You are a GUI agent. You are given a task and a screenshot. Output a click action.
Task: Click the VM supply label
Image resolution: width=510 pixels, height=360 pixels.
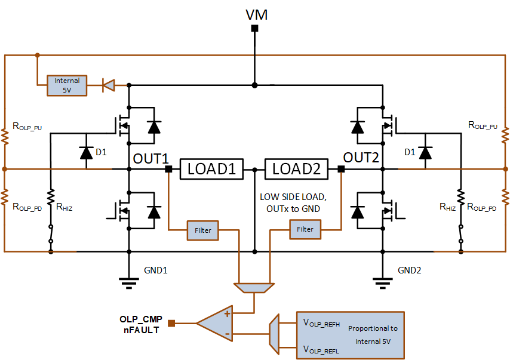coord(256,15)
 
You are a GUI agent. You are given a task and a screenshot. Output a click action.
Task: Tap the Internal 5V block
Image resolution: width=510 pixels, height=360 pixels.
coord(67,85)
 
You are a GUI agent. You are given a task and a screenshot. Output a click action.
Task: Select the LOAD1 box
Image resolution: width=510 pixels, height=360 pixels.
coord(211,169)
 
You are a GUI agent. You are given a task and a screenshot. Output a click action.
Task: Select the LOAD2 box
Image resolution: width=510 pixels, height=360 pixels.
coord(296,169)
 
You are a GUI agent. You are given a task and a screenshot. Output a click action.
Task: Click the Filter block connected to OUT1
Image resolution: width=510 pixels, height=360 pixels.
coord(202,230)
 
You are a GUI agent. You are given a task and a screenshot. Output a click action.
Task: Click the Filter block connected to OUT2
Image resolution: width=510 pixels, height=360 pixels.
coord(305,229)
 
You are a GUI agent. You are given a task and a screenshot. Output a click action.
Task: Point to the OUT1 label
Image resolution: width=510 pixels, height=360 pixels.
coord(150,159)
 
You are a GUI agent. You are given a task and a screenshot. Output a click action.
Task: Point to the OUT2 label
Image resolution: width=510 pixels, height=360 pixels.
coord(361,158)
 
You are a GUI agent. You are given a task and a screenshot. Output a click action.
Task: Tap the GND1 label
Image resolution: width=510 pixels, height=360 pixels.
coord(155,270)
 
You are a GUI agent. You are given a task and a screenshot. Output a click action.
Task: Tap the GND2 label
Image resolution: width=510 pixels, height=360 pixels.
coord(409,270)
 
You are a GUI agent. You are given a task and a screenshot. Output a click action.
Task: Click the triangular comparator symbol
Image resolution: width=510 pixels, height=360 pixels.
coord(214,323)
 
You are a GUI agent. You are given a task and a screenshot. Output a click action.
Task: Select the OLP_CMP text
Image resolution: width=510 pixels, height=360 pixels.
coord(141,319)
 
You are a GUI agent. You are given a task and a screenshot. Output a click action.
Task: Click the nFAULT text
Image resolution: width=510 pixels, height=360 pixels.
coord(141,330)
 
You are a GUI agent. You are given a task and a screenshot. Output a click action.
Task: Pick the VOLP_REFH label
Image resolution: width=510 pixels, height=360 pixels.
coord(321,323)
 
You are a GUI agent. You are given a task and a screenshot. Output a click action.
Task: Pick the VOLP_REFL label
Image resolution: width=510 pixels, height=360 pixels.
coord(321,350)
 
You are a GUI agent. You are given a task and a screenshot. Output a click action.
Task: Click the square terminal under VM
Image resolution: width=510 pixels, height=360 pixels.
coord(254,29)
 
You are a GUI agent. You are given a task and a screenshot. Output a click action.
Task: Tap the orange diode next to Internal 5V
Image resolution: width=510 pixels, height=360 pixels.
coord(108,85)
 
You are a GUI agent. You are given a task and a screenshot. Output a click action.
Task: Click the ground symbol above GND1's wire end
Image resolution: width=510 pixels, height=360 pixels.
coord(129,283)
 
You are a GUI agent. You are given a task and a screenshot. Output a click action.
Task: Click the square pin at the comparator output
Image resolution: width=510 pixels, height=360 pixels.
coord(171,323)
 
